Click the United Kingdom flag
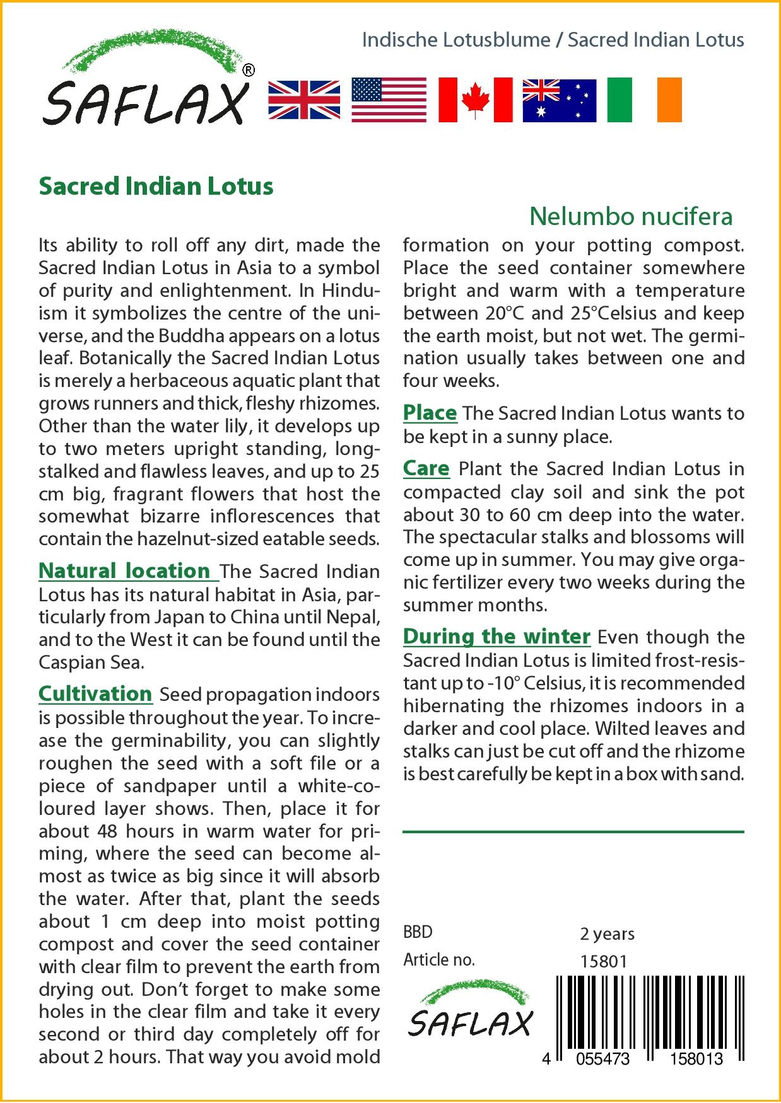304,100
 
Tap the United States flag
388,100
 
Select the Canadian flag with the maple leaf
475,100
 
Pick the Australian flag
559,100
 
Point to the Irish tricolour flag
644,100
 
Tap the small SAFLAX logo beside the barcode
470,1012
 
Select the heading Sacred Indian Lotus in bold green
156,187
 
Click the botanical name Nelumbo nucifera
631,216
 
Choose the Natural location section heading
125,571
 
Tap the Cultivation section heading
95,694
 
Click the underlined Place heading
430,413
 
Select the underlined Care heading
426,469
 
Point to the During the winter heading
496,637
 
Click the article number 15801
603,961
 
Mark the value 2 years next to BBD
607,933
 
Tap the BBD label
418,932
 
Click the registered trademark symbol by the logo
249,70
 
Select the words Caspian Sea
91,662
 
